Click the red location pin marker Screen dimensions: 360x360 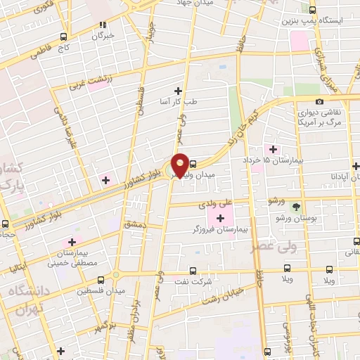[x=180, y=164]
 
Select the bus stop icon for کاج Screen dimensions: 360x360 [x=64, y=36]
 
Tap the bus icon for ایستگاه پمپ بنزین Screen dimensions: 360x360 [x=313, y=10]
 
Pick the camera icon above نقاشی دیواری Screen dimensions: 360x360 [x=320, y=103]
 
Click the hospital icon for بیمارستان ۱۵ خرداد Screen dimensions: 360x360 [x=272, y=148]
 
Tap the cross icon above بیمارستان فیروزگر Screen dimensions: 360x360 [x=221, y=217]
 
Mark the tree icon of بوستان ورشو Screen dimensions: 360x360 [x=295, y=207]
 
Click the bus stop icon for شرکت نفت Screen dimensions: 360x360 [x=193, y=271]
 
